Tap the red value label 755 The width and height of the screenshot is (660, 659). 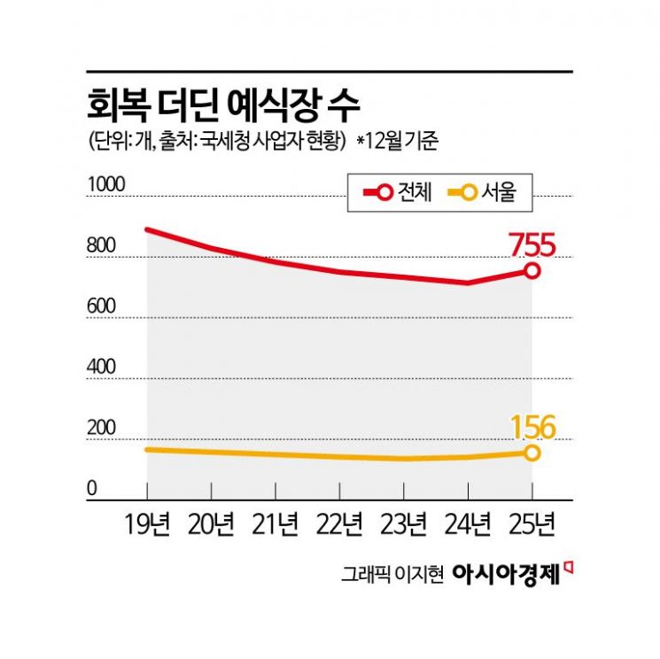[532, 244]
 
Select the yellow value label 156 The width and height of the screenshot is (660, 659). [532, 428]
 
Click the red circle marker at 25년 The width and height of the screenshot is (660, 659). [532, 271]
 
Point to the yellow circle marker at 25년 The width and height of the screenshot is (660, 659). [532, 453]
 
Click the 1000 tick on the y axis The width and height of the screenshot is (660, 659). [107, 184]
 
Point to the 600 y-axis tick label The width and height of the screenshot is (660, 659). [102, 306]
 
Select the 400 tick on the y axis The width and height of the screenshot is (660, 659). [102, 367]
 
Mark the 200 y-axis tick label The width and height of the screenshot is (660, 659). [102, 428]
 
